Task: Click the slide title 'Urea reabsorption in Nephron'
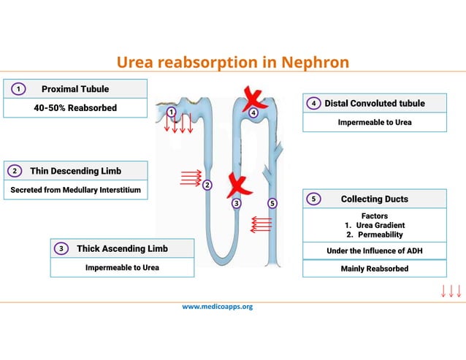(233, 62)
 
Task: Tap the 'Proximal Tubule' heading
(75, 89)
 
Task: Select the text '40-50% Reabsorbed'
(75, 108)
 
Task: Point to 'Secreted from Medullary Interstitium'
(75, 190)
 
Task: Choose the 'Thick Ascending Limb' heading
(122, 248)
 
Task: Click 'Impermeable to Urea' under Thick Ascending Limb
(122, 267)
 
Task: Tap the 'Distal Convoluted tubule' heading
(374, 103)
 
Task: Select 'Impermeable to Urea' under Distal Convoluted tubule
(374, 122)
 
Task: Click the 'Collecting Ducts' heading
(374, 199)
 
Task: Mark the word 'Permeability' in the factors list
(380, 234)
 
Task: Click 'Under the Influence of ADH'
(374, 251)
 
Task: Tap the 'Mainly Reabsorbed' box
(374, 269)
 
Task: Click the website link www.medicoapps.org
(217, 307)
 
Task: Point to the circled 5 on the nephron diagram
(272, 203)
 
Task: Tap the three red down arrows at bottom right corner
(451, 291)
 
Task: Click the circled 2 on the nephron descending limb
(207, 185)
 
